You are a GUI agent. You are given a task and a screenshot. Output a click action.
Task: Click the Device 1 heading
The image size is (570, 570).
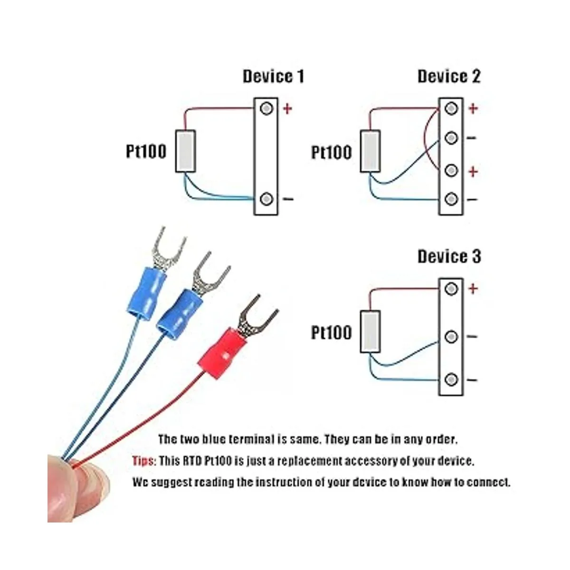tap(273, 76)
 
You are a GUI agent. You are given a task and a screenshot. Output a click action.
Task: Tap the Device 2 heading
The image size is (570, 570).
tap(449, 76)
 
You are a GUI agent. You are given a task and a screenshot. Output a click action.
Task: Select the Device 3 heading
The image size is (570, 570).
tap(449, 257)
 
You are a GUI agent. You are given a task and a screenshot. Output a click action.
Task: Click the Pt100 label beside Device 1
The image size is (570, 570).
tap(146, 152)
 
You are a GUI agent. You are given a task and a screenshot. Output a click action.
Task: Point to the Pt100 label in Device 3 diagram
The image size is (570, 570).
tap(332, 332)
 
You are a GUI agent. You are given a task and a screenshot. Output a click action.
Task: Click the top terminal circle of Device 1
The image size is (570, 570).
tap(267, 109)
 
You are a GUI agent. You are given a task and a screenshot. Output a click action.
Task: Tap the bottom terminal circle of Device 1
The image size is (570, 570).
tap(267, 198)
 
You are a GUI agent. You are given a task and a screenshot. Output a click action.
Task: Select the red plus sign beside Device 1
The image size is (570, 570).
tap(287, 109)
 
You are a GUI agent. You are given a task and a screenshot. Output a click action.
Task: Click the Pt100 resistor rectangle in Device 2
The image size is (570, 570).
tap(370, 151)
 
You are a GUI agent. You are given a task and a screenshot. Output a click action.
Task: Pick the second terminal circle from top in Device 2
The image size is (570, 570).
tap(451, 138)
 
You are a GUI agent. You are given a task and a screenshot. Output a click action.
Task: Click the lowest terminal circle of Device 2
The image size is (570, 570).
tap(451, 199)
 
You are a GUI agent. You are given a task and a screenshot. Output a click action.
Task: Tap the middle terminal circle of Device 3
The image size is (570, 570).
tap(451, 337)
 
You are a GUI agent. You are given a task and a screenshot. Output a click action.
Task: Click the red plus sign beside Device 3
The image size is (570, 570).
tap(473, 288)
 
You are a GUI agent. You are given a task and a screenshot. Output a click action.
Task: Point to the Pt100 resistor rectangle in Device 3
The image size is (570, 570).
tap(370, 331)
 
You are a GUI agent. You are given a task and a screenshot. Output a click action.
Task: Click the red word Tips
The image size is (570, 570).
tap(143, 461)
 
